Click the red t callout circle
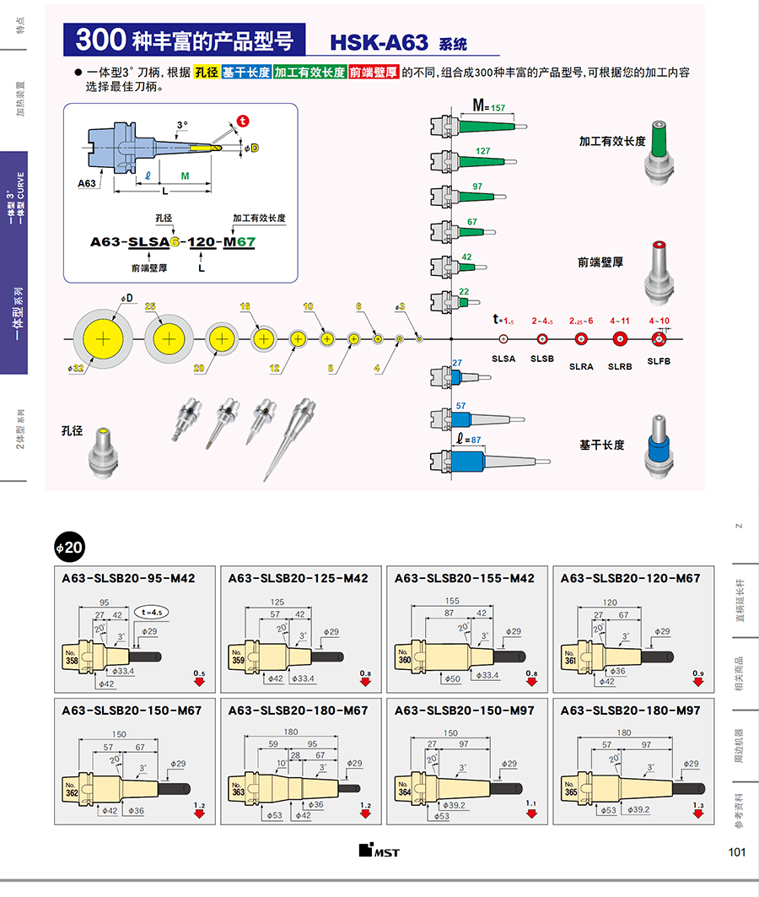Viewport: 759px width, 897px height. [x=243, y=121]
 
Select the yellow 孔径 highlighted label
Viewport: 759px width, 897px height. [x=206, y=73]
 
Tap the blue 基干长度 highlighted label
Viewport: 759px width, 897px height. [x=245, y=73]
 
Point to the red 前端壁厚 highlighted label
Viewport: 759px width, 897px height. [x=374, y=73]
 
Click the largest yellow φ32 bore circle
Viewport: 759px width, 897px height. [x=103, y=338]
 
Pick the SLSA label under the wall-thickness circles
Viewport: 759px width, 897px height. [x=503, y=359]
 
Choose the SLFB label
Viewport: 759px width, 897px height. [x=659, y=360]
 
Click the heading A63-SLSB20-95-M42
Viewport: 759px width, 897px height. [x=128, y=578]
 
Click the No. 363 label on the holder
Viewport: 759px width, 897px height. [x=238, y=790]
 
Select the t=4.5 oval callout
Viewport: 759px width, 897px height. [x=152, y=613]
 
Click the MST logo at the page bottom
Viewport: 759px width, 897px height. [x=379, y=851]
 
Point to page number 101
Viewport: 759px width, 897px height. [x=736, y=852]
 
